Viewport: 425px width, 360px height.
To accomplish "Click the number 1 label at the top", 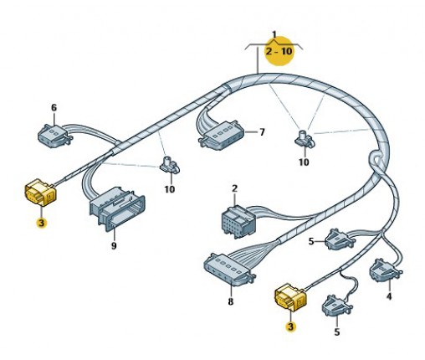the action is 274,34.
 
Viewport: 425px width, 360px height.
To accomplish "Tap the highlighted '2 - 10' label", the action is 279,51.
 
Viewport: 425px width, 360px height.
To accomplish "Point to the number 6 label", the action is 54,108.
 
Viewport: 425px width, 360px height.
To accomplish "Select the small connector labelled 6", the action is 55,136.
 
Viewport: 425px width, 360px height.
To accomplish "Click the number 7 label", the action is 262,132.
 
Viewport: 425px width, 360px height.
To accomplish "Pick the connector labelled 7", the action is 222,136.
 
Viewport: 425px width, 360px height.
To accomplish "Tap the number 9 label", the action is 114,246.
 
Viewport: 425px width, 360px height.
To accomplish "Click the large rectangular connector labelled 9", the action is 117,208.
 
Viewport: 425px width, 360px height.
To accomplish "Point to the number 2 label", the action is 234,188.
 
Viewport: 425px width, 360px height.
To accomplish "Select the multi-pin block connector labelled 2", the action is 238,222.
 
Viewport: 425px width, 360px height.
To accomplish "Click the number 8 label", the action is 230,301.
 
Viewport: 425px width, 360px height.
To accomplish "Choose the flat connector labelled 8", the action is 230,269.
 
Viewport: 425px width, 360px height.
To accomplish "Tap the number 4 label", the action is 389,296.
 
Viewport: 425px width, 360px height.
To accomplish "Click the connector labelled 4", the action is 386,270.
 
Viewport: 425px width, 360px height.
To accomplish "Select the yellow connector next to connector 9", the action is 41,193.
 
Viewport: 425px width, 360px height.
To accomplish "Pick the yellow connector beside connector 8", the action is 290,297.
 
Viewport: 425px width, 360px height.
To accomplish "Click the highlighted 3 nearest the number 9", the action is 42,223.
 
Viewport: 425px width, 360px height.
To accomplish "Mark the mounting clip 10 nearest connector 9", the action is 170,165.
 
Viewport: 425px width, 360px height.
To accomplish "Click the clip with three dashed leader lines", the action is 305,138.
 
